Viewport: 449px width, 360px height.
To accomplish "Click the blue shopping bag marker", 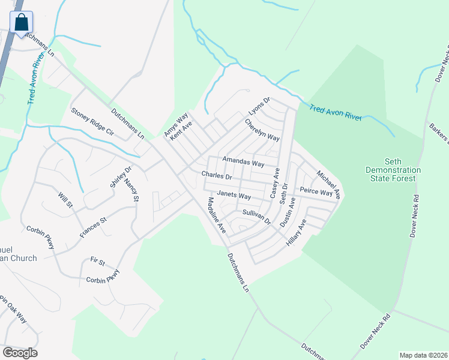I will (x=20, y=22).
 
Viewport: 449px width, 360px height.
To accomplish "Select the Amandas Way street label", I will (x=243, y=163).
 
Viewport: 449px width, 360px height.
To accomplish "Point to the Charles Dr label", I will (x=217, y=176).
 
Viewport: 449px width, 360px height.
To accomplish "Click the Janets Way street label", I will (x=234, y=195).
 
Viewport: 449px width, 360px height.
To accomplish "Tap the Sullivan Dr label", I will (x=257, y=217).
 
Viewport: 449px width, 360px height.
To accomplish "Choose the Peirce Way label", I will (x=316, y=192).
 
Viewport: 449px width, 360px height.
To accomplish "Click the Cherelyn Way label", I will (x=262, y=130).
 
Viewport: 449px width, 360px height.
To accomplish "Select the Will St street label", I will (x=65, y=200).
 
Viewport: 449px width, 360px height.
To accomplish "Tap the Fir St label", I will (x=97, y=262).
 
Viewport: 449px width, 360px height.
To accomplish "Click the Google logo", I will (x=20, y=353).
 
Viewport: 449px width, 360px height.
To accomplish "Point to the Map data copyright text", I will (x=423, y=355).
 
